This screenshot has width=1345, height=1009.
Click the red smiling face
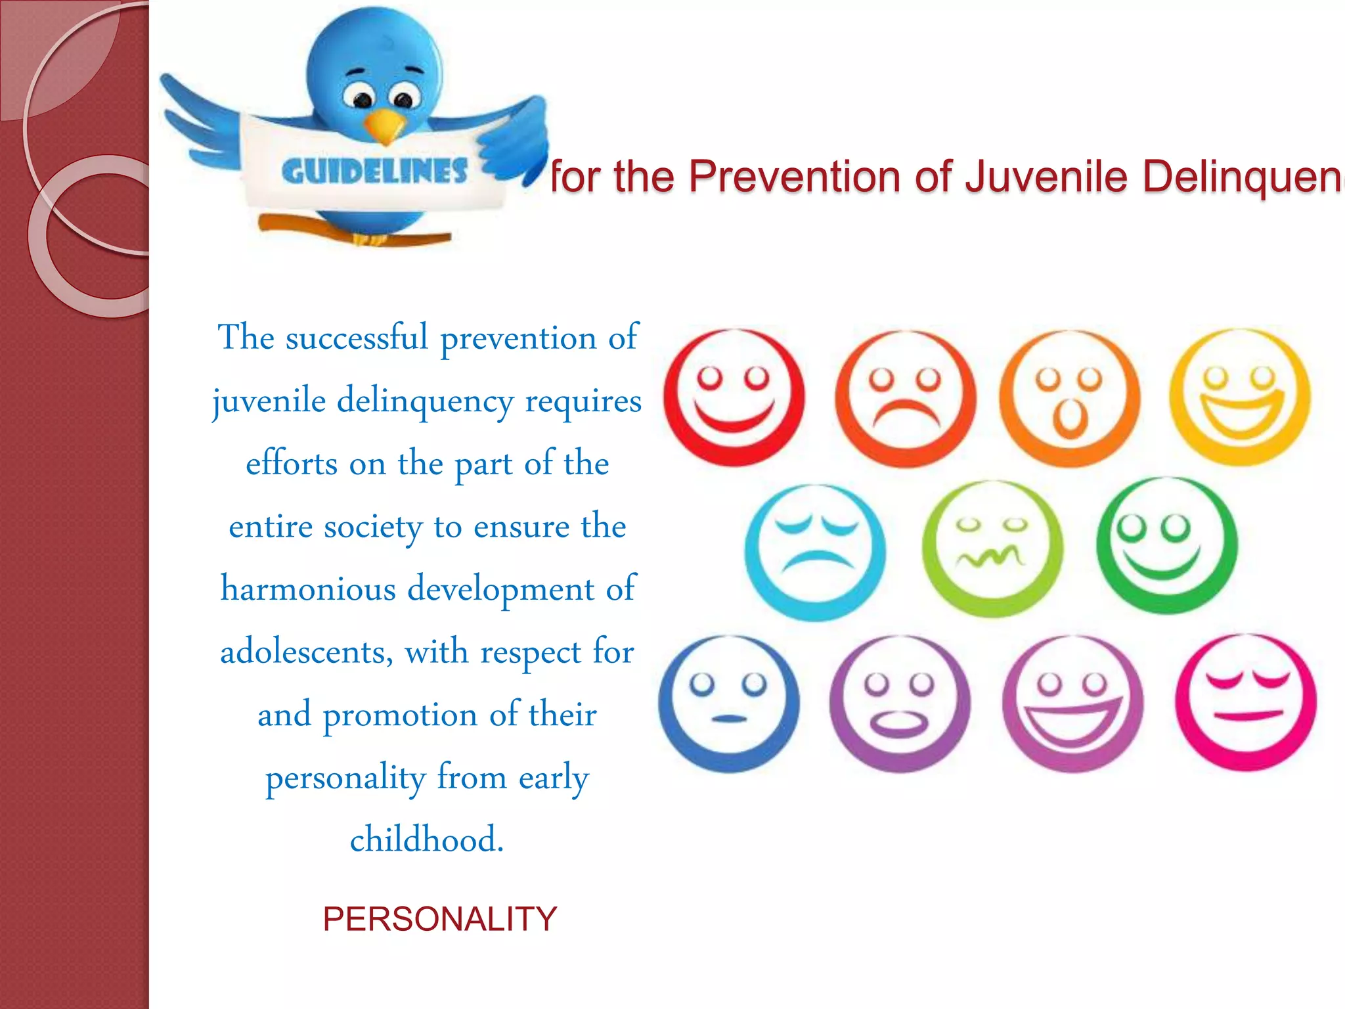tap(734, 398)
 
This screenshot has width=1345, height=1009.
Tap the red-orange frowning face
tap(905, 399)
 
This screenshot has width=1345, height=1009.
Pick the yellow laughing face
tap(1240, 398)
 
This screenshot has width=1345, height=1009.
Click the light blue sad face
tap(815, 552)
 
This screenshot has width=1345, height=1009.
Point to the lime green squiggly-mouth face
tap(992, 549)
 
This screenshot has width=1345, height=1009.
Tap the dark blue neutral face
tap(729, 704)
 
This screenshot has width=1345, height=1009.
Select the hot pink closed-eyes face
tap(1246, 702)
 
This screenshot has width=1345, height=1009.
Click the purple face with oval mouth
tap(899, 704)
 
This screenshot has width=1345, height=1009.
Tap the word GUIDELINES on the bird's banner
tap(374, 172)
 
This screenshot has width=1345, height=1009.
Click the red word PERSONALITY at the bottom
tap(439, 918)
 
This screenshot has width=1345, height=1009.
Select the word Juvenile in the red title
tap(1047, 177)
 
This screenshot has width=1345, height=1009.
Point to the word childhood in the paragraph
tap(427, 840)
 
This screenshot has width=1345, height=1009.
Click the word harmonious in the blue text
tap(308, 589)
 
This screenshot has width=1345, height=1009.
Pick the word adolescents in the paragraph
tap(306, 652)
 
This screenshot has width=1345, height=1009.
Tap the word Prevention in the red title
tap(795, 177)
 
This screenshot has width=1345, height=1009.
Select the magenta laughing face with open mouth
tap(1072, 704)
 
